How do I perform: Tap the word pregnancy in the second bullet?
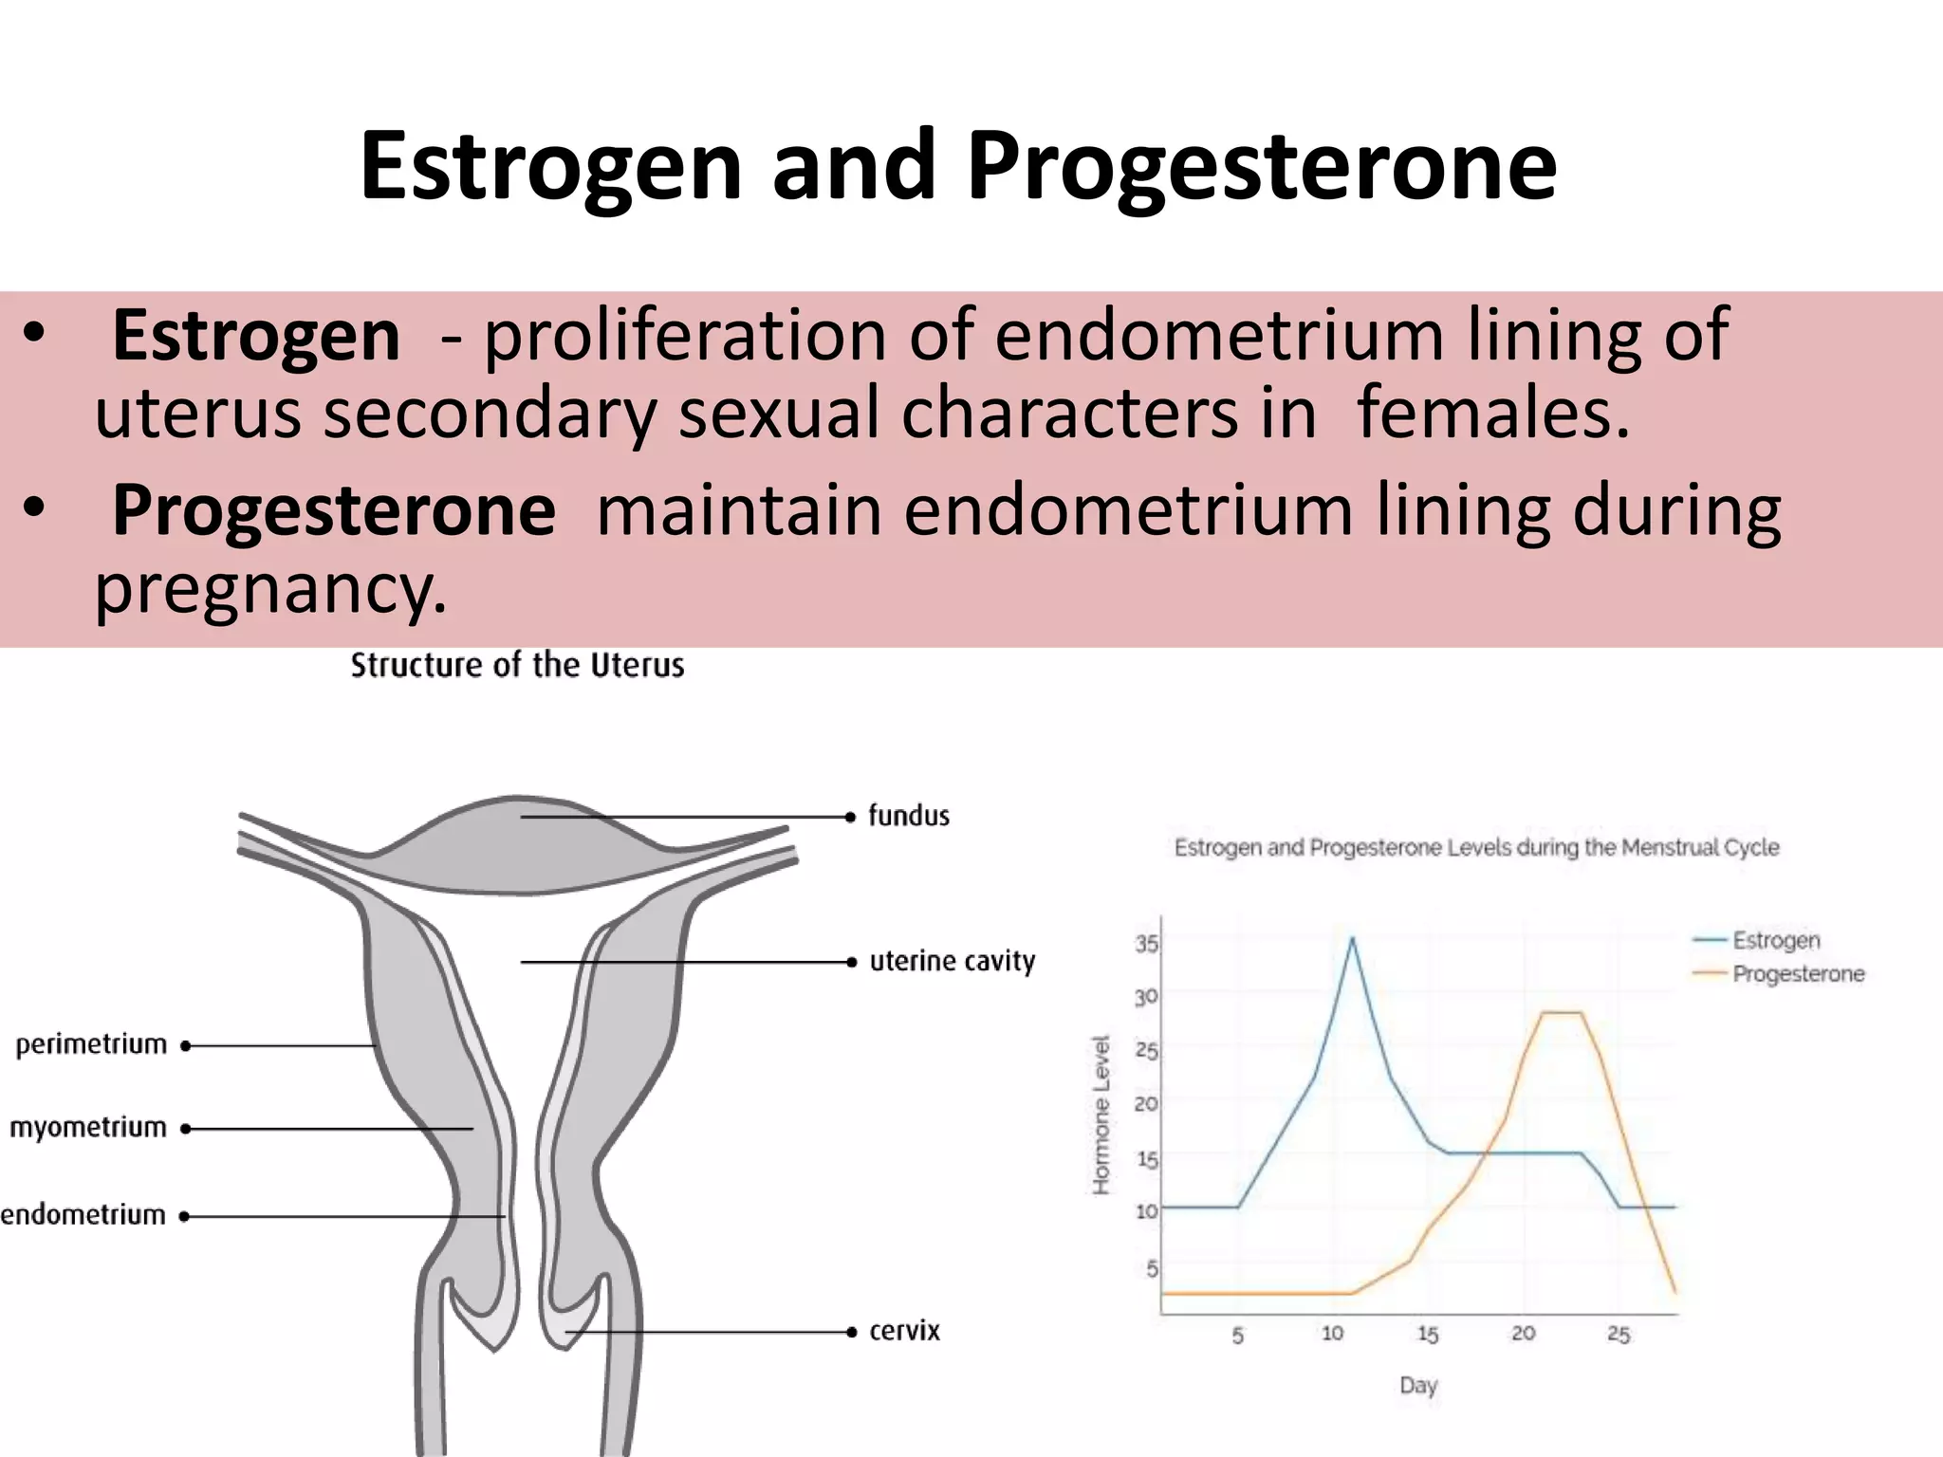270,588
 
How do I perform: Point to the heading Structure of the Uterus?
517,665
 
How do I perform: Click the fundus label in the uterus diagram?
909,816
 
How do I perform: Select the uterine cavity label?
952,962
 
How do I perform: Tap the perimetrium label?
91,1044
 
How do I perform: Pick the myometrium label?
88,1128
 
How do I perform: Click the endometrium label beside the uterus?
83,1215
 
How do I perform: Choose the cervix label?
904,1331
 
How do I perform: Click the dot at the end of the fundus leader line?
851,817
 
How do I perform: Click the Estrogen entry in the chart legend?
1775,940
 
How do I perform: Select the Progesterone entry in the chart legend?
1798,974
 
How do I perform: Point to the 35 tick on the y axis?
1146,944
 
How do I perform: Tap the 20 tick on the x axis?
1523,1334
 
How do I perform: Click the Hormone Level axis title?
1101,1115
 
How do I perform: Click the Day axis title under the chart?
1418,1385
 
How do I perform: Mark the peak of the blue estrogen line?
1351,938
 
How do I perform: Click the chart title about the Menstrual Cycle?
1476,847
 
